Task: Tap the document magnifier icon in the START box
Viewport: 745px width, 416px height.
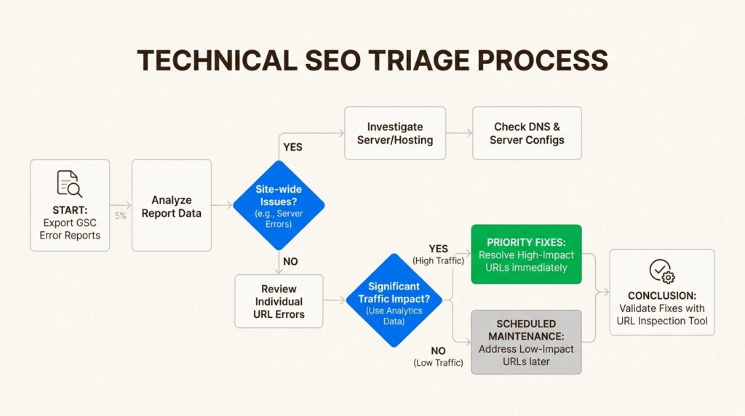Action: (69, 183)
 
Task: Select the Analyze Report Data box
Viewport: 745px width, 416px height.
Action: (172, 207)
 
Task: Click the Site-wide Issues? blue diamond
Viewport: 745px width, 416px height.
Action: (279, 205)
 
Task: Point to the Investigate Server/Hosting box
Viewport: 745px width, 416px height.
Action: (395, 133)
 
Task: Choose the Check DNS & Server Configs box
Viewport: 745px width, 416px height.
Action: (527, 133)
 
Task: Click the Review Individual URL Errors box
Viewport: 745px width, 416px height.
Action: (279, 301)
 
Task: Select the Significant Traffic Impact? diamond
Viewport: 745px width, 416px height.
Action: (393, 300)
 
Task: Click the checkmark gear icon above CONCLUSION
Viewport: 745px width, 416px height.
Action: (661, 271)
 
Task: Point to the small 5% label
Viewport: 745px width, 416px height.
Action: (121, 215)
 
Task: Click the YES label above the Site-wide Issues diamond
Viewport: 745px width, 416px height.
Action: (292, 147)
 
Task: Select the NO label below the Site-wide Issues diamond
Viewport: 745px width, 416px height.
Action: (290, 261)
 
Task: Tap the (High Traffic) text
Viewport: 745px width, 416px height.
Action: (438, 260)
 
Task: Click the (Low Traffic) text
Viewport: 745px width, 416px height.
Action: (438, 362)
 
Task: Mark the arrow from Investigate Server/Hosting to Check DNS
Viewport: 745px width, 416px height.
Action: (458, 133)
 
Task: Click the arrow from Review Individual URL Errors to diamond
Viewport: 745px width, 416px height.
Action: (334, 300)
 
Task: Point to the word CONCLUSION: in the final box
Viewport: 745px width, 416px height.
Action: (661, 296)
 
